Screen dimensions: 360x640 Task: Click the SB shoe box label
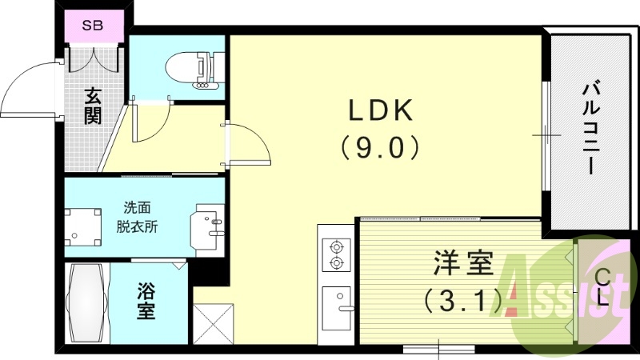coord(94,24)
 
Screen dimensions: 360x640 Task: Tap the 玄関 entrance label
coord(94,106)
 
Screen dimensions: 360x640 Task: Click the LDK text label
coord(379,110)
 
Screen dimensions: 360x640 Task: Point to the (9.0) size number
coord(379,146)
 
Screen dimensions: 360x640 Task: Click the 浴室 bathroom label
coord(145,302)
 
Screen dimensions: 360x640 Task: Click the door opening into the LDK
coord(250,144)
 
